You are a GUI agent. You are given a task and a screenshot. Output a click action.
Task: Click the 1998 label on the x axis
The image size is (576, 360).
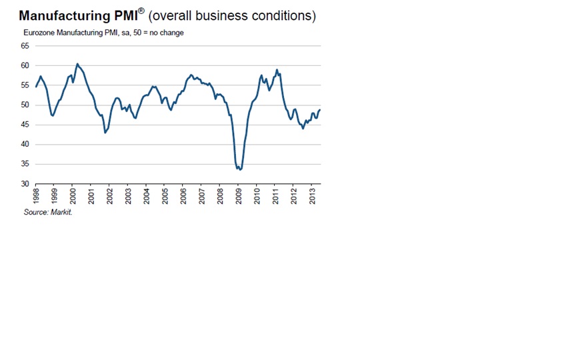click(x=37, y=196)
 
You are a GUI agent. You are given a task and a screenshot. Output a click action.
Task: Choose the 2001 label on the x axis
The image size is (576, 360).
click(x=92, y=196)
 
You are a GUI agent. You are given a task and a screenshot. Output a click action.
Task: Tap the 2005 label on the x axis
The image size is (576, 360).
click(x=166, y=196)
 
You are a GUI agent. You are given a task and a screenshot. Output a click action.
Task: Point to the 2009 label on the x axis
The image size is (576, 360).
click(x=239, y=196)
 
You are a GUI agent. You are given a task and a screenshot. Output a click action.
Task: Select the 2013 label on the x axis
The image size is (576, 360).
click(x=313, y=196)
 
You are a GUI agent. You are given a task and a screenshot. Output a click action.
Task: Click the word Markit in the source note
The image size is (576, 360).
click(x=61, y=212)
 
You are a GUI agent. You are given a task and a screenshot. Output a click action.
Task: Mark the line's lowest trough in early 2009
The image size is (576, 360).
click(x=240, y=169)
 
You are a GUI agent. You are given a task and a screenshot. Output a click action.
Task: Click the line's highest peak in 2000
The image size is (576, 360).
click(x=77, y=64)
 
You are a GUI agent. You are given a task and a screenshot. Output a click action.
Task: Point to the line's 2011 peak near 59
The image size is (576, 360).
click(x=277, y=69)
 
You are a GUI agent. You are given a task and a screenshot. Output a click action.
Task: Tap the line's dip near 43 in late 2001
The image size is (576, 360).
click(x=105, y=133)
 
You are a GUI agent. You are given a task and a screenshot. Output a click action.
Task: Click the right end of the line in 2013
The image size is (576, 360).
click(x=321, y=109)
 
